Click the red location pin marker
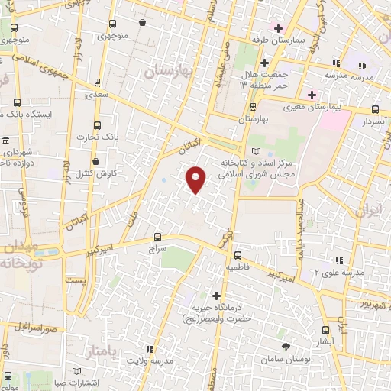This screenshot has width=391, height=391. tap(196, 179)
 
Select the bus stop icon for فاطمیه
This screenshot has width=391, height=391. tap(238, 255)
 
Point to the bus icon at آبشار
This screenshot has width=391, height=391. tap(328, 330)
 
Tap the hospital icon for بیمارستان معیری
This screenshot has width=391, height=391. tap(312, 95)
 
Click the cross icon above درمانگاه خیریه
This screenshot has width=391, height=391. tap(217, 296)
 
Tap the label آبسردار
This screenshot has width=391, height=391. tap(375, 121)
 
